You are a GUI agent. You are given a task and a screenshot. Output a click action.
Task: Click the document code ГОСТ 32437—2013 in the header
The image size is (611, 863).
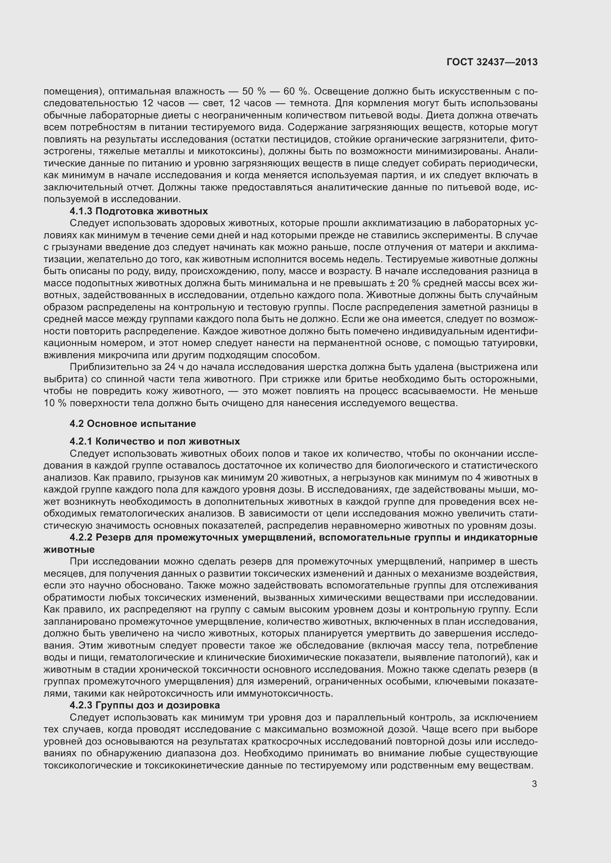(x=492, y=62)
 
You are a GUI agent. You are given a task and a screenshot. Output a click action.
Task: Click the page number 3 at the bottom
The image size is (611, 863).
(x=534, y=784)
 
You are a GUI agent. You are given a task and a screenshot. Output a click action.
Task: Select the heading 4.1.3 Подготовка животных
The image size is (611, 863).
(x=139, y=211)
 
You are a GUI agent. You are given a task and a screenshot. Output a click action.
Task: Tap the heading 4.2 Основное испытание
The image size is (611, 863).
(x=133, y=424)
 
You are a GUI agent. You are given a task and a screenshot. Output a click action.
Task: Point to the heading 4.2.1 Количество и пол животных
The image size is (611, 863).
(x=155, y=441)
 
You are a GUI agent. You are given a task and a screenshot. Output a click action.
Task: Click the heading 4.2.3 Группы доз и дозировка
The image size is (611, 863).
(x=144, y=705)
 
